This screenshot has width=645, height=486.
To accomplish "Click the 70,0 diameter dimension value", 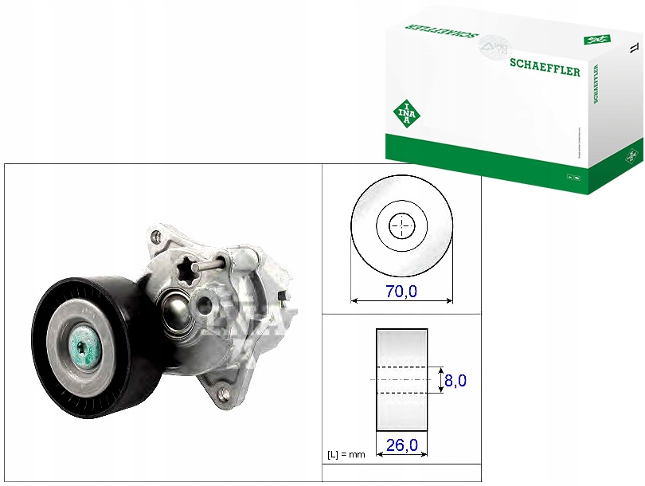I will [x=401, y=292].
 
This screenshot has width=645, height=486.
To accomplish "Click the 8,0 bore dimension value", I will [x=455, y=381].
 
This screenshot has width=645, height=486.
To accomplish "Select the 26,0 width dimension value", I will [x=402, y=444].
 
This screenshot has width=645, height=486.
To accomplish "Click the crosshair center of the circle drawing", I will [x=402, y=226].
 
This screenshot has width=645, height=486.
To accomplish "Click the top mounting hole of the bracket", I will [x=157, y=236].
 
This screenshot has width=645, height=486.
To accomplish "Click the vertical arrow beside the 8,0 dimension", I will [x=440, y=380].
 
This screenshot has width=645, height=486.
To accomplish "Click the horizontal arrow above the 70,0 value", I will [x=402, y=301].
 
